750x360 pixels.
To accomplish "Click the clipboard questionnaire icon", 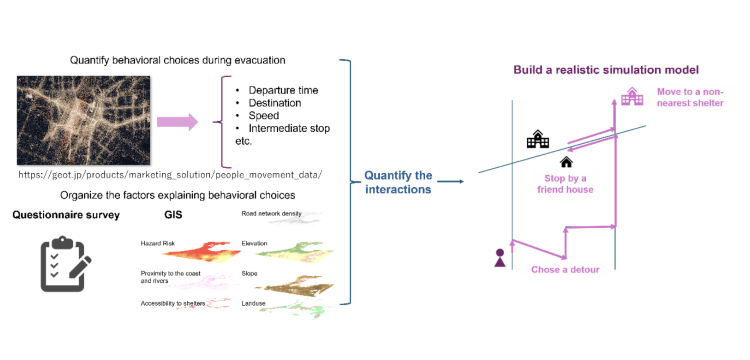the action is click(x=66, y=263).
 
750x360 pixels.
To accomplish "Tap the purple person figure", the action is click(x=500, y=258).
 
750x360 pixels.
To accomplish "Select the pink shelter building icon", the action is click(x=632, y=96).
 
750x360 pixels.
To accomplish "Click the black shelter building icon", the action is click(x=538, y=139).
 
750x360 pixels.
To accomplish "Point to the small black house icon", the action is click(x=566, y=162).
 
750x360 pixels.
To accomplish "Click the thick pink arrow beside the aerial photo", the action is click(x=177, y=121).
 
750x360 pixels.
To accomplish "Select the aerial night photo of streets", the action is click(x=84, y=120).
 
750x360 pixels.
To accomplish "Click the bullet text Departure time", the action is click(x=283, y=90).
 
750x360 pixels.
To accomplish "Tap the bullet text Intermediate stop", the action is click(x=289, y=129).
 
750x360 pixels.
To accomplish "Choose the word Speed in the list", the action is click(x=264, y=116).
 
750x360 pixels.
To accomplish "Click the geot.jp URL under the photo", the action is click(x=170, y=175).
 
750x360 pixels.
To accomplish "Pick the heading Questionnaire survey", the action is click(x=66, y=215).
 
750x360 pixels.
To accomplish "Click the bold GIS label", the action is click(x=173, y=215).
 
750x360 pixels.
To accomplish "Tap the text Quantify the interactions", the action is click(x=398, y=182).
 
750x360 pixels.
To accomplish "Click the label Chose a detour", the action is click(x=565, y=270).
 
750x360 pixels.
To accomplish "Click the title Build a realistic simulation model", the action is click(x=606, y=70).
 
